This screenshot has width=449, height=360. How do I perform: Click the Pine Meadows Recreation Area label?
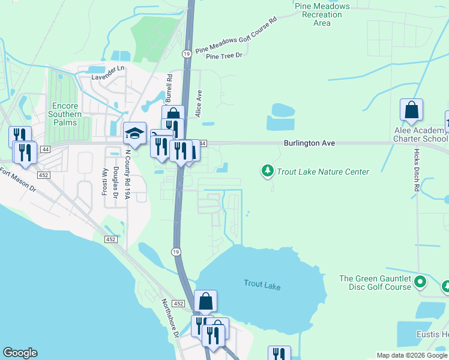pyautogui.click(x=322, y=14)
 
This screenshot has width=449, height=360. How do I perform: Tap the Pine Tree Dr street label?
pyautogui.click(x=223, y=56)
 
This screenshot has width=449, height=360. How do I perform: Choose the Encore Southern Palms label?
pyautogui.click(x=62, y=114)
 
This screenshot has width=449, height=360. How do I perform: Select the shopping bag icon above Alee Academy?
pyautogui.click(x=411, y=110)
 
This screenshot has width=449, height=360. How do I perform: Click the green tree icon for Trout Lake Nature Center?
pyautogui.click(x=268, y=172)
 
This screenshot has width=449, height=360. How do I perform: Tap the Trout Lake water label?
pyautogui.click(x=262, y=284)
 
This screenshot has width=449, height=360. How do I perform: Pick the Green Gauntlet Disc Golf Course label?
pyautogui.click(x=375, y=283)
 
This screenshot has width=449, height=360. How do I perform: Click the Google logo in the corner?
pyautogui.click(x=20, y=353)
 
